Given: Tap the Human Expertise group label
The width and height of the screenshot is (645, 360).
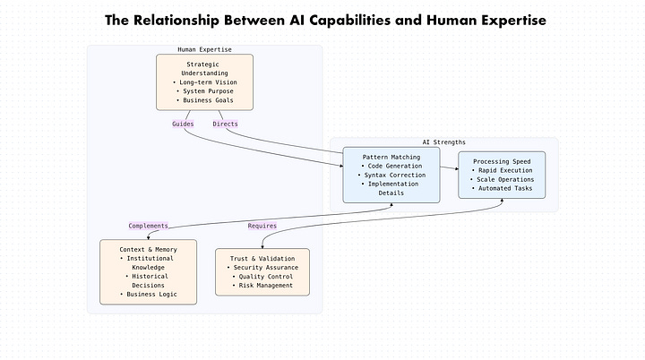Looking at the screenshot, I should [x=204, y=49].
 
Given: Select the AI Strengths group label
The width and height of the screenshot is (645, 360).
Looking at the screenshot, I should [x=444, y=141].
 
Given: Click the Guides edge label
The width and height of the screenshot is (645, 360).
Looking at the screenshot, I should [x=183, y=124].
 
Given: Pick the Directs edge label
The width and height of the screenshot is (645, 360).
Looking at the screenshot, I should [x=225, y=124].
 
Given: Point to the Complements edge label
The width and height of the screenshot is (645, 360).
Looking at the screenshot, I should [x=149, y=226].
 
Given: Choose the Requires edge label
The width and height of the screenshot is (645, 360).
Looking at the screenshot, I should [x=262, y=226].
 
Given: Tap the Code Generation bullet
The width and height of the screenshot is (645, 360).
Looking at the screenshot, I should [x=391, y=166].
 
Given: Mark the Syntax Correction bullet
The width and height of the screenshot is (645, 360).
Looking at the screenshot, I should [x=391, y=175].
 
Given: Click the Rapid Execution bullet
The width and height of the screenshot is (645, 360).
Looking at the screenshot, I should [x=503, y=170].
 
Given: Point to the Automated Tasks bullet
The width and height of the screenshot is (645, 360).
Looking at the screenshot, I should [x=503, y=189].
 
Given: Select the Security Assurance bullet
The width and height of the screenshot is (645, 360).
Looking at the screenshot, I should [x=262, y=267].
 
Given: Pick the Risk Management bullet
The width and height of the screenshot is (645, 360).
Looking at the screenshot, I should [x=262, y=286].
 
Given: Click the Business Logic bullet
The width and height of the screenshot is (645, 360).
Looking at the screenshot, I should [x=148, y=295].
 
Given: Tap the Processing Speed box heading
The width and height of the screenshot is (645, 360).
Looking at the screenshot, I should [x=503, y=161].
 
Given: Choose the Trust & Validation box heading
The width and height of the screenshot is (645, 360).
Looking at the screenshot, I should [x=262, y=258].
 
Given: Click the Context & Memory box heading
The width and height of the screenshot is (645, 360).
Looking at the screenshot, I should [x=148, y=248].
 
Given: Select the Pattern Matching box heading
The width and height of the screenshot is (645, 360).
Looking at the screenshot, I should [x=391, y=156].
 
